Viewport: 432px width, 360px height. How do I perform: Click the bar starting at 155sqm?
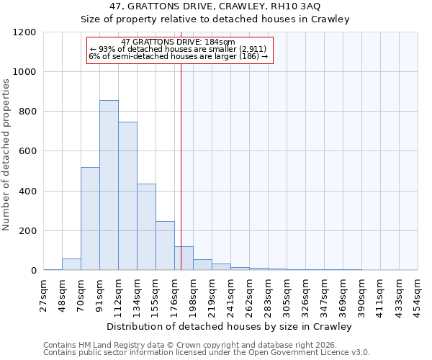(165, 246)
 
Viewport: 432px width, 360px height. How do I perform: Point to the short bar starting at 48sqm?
(71, 264)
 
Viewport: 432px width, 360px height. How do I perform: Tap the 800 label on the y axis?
(28, 112)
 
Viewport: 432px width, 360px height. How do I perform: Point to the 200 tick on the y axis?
(28, 231)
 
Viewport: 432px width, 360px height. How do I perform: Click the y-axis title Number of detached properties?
(6, 151)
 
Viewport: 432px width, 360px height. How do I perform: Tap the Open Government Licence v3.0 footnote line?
(207, 353)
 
